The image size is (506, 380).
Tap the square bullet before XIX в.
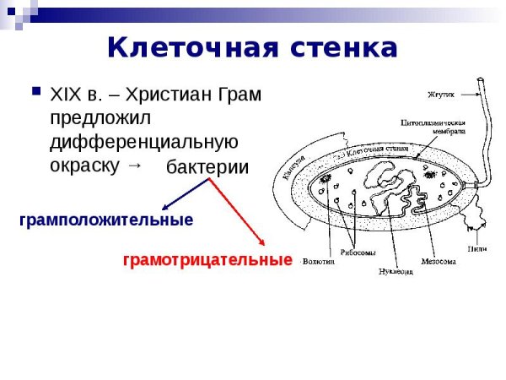coord(35,90)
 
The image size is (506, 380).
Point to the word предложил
coord(100,117)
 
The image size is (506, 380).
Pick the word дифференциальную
coord(144,141)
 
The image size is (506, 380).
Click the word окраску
coord(85,165)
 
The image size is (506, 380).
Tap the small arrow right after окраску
coord(133,165)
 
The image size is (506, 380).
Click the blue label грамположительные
coord(106,220)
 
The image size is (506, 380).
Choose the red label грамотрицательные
coord(207,260)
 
